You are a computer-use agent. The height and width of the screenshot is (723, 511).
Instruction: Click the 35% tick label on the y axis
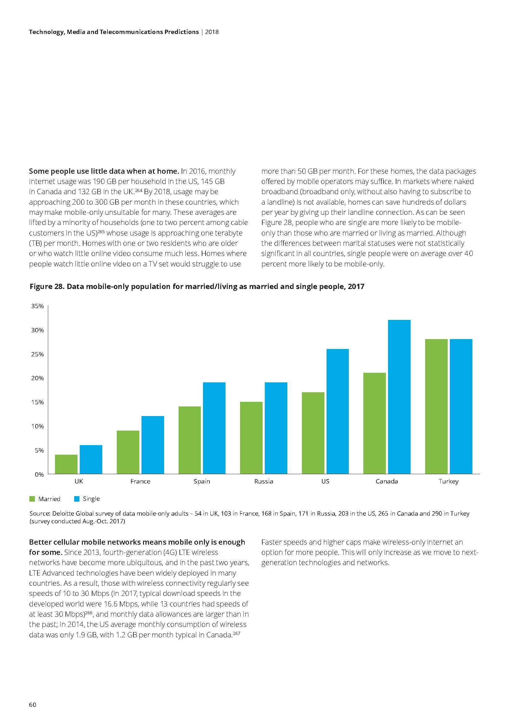pos(37,306)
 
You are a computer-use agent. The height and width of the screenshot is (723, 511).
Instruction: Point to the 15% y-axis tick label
pos(37,402)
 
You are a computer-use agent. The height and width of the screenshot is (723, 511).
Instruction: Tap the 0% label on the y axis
pos(39,474)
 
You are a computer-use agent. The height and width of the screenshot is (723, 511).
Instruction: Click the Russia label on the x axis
pos(263,482)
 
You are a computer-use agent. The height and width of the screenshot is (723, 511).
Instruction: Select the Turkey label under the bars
pos(448,482)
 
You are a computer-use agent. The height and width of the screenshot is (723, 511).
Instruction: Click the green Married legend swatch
pos(32,499)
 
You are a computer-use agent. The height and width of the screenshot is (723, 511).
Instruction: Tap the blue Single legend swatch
pos(77,499)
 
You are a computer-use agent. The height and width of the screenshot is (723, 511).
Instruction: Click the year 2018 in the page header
pos(212,32)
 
